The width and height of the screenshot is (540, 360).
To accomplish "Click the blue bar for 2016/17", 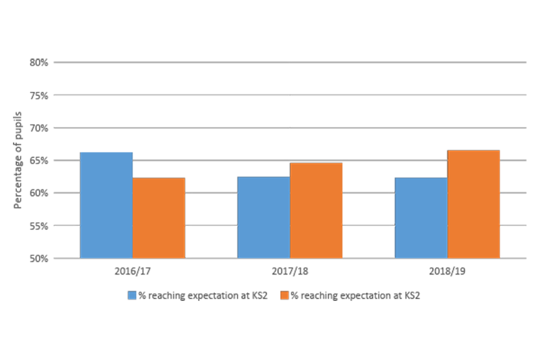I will coord(106,205).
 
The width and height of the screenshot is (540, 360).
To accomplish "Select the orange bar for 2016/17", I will coord(159,218).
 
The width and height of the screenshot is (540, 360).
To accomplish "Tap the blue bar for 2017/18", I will coord(263,218).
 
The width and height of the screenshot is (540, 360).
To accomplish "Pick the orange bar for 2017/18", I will coord(316,211).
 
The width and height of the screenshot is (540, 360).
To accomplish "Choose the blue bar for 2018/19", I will coord(421,218).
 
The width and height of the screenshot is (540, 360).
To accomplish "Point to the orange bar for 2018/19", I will coord(474,204).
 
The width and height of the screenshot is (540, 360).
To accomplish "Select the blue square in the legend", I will coord(133,295).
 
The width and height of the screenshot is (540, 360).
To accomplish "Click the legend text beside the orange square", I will coord(355,295).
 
